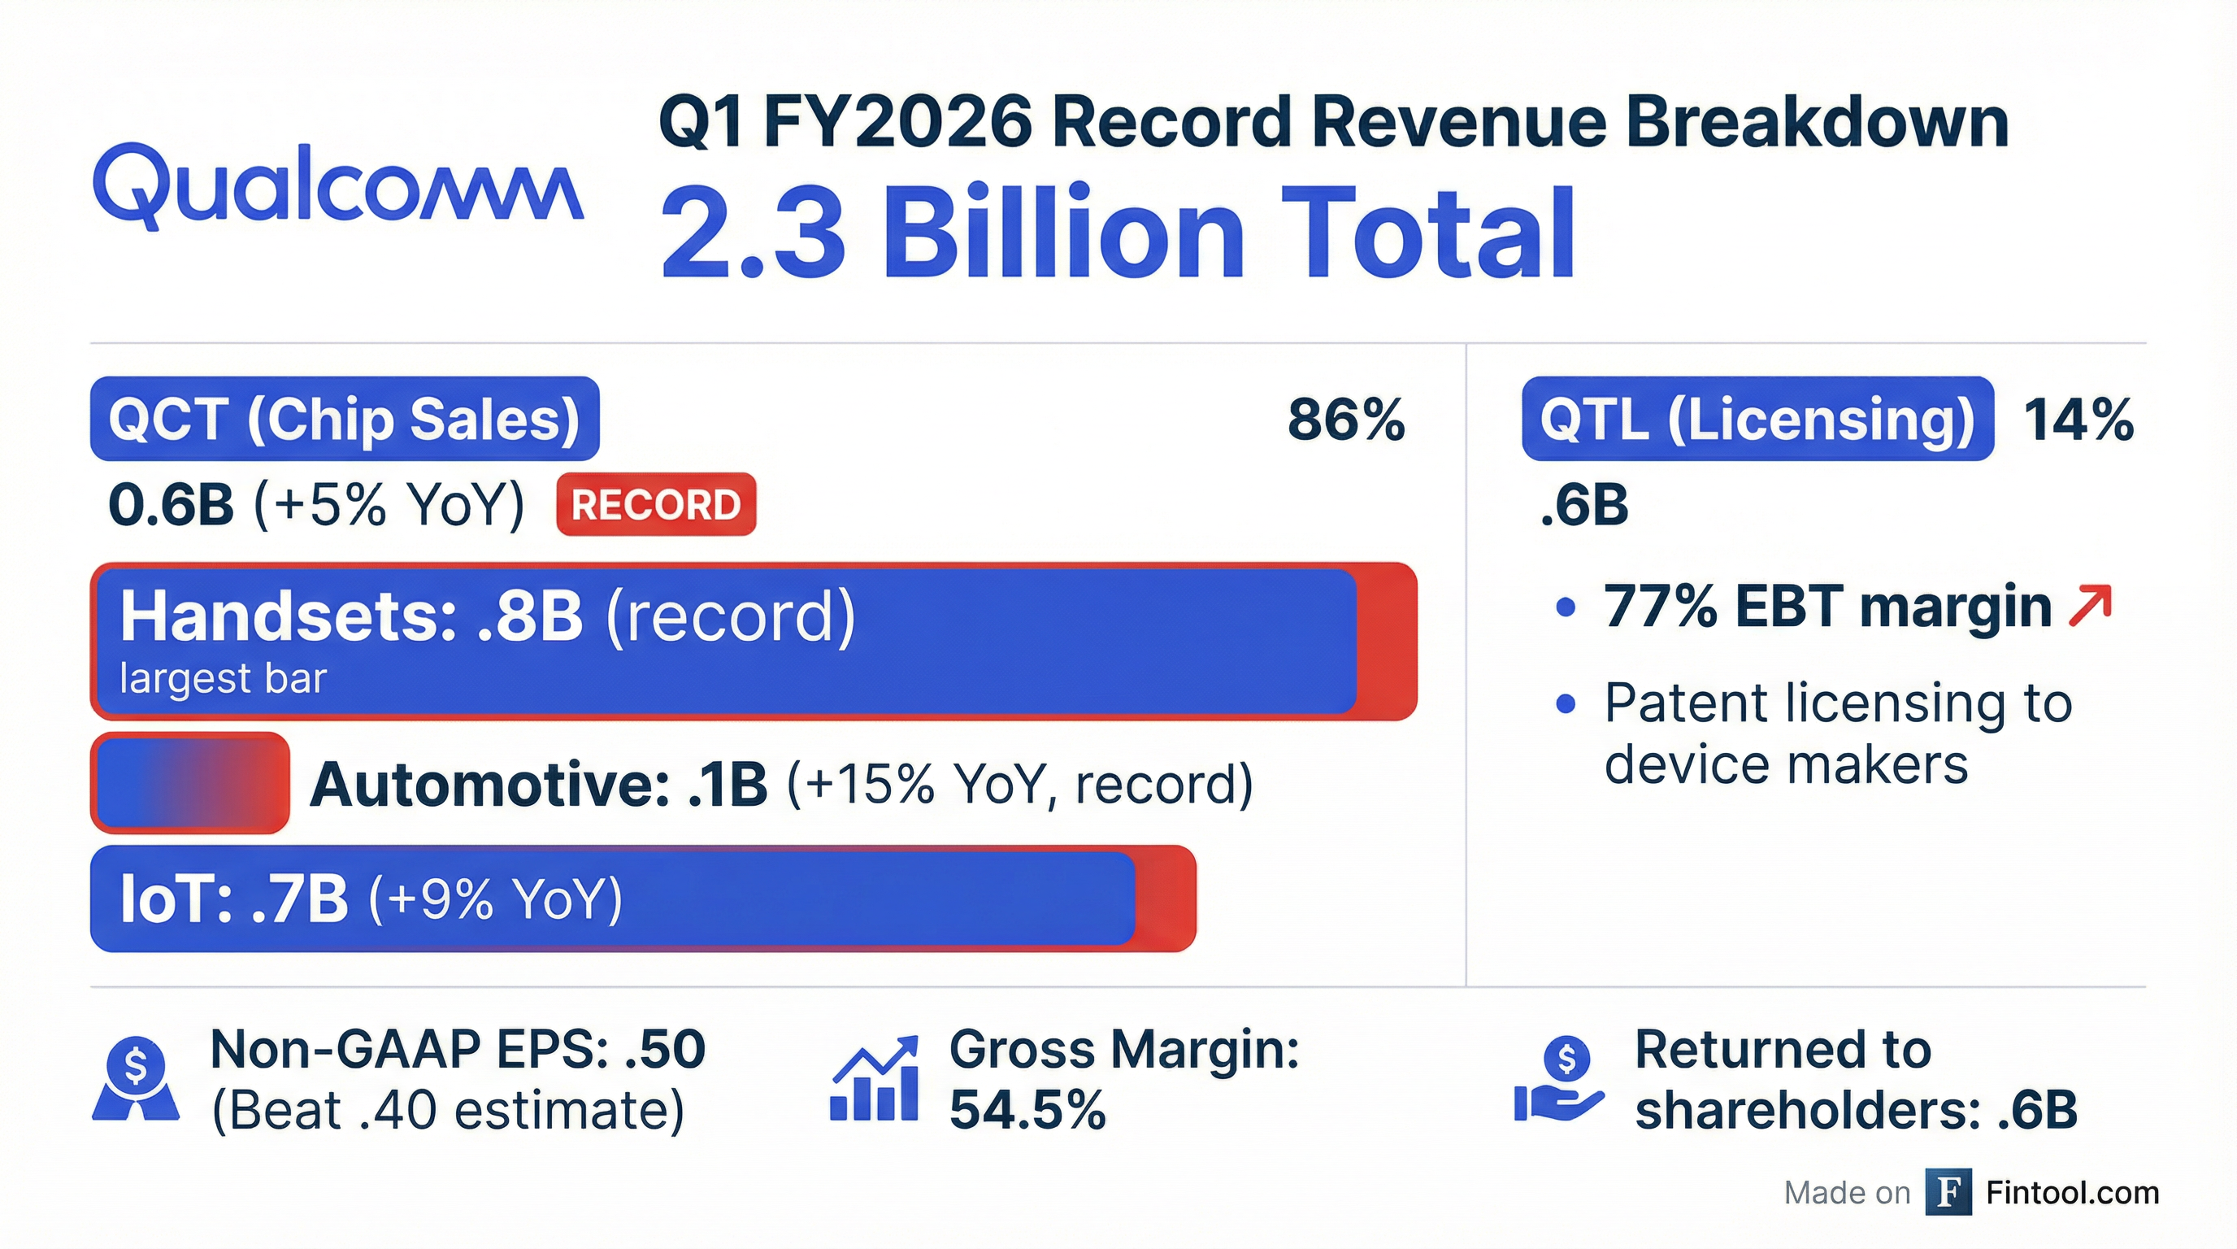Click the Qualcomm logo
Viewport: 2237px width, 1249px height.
coord(338,187)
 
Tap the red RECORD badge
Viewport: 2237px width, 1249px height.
coord(656,505)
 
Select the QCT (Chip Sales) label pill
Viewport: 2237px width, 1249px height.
coord(344,419)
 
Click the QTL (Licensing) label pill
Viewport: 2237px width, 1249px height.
coord(1757,419)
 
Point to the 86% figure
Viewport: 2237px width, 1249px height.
coord(1345,420)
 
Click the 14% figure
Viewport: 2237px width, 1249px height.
coord(2077,420)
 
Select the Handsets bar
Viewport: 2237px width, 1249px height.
coord(753,642)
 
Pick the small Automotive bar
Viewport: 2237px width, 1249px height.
coord(189,783)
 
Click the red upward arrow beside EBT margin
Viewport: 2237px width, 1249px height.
coord(2089,607)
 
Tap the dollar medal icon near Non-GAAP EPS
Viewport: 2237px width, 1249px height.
coord(136,1079)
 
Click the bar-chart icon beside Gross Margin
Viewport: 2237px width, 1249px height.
coord(875,1079)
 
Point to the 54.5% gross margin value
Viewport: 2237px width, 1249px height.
coord(1027,1110)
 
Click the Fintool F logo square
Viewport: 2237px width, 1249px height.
coord(1948,1193)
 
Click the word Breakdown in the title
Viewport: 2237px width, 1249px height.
coord(1817,124)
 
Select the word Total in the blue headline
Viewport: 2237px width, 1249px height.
coord(1427,234)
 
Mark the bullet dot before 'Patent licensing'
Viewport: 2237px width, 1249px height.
coord(1565,703)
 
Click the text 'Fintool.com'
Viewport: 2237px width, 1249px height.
coord(2072,1194)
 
